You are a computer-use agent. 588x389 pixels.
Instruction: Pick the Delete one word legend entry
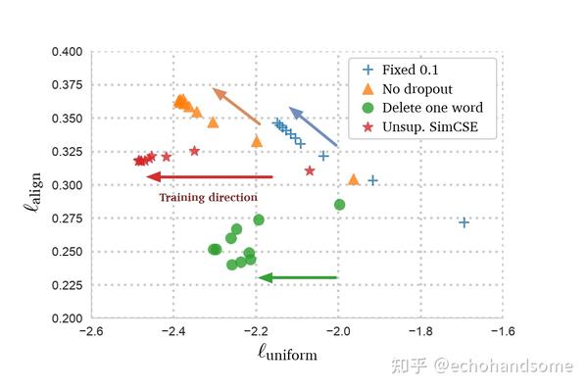[x=432, y=108]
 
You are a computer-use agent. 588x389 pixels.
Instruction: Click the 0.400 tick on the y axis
[x=65, y=52]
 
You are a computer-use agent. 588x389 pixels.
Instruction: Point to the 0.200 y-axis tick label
[x=65, y=318]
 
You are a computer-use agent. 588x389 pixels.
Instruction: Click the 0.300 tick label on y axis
[x=65, y=185]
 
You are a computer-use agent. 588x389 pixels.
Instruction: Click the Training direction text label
[x=209, y=197]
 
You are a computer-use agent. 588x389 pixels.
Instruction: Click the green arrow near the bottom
[x=298, y=278]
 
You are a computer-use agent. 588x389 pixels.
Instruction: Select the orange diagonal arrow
[x=236, y=107]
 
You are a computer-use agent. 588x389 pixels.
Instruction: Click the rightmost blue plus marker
[x=464, y=222]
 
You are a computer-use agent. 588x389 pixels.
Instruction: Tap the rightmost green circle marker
[x=339, y=205]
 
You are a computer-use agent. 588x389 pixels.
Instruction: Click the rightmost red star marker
[x=310, y=170]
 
